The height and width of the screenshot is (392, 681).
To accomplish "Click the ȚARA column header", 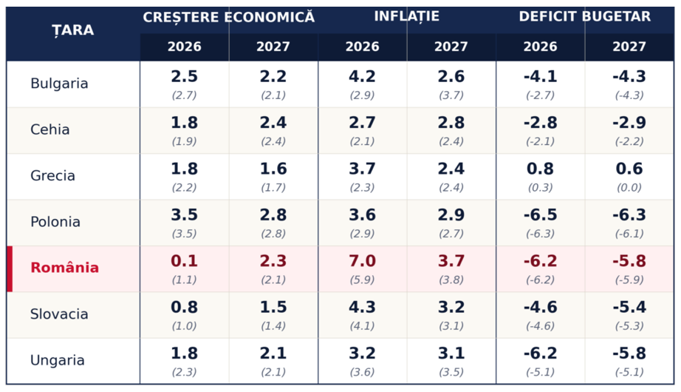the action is [73, 30].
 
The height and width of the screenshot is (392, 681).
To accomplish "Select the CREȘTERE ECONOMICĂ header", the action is [228, 17].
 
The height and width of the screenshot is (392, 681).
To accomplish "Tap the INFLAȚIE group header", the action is [406, 16].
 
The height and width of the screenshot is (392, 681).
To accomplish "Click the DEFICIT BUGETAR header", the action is [584, 16].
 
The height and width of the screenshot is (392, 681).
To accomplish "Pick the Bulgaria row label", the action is [59, 83].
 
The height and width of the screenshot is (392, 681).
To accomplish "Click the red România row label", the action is [65, 267].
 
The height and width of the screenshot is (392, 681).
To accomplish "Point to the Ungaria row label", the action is [58, 360].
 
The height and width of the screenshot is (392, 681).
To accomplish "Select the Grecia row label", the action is [52, 175].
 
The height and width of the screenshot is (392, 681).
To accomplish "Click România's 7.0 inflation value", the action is [362, 261].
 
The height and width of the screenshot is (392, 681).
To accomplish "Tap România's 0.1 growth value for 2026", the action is [184, 261].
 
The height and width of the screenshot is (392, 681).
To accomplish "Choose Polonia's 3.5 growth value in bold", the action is [184, 215].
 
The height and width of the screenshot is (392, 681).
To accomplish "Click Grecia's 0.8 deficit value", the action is [540, 169].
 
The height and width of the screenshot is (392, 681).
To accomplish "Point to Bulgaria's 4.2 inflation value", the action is [362, 77].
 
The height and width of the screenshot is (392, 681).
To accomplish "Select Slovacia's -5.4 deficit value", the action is [629, 307].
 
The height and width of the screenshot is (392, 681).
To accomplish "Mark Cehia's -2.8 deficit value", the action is [540, 123].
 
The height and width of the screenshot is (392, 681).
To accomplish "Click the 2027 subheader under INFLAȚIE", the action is [451, 47].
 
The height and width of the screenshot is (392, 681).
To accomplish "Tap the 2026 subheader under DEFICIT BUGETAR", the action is [540, 47].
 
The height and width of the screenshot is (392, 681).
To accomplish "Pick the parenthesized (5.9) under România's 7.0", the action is [362, 280].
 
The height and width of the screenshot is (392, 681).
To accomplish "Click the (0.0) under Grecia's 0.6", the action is [629, 188].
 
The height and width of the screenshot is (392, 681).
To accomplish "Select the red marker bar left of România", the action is [10, 269].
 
